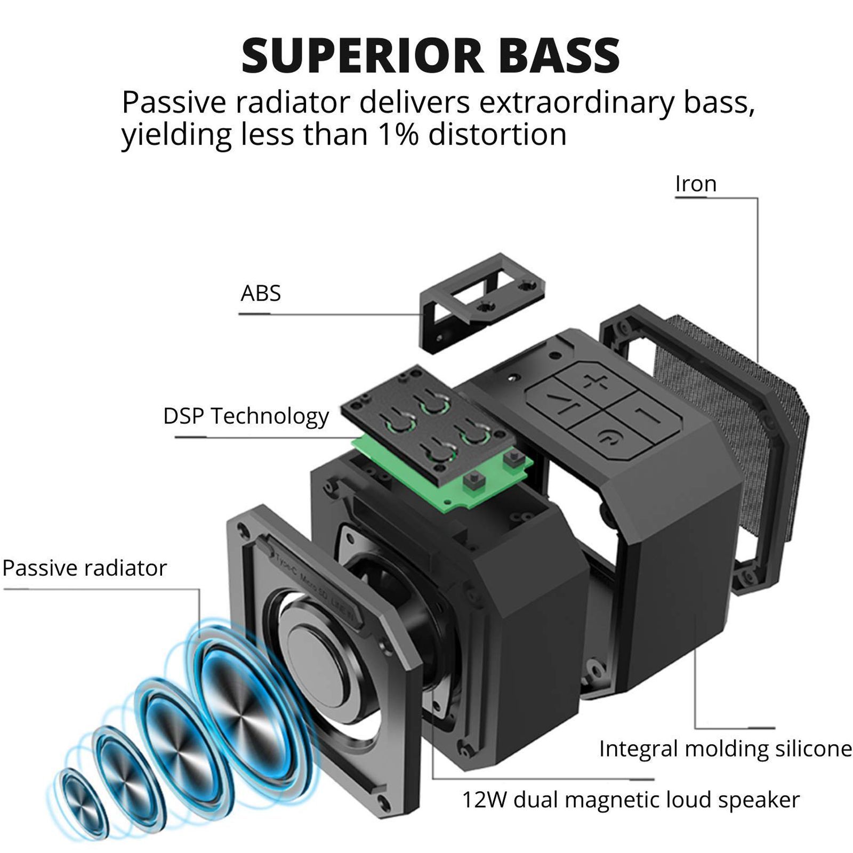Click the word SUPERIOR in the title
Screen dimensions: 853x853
point(363,55)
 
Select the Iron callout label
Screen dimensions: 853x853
point(696,184)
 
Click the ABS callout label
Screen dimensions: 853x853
point(260,293)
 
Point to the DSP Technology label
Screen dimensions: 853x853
point(246,416)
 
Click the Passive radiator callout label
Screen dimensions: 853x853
point(84,568)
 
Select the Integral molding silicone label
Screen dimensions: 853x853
point(725,749)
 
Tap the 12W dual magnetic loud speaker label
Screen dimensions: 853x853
point(630,800)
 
